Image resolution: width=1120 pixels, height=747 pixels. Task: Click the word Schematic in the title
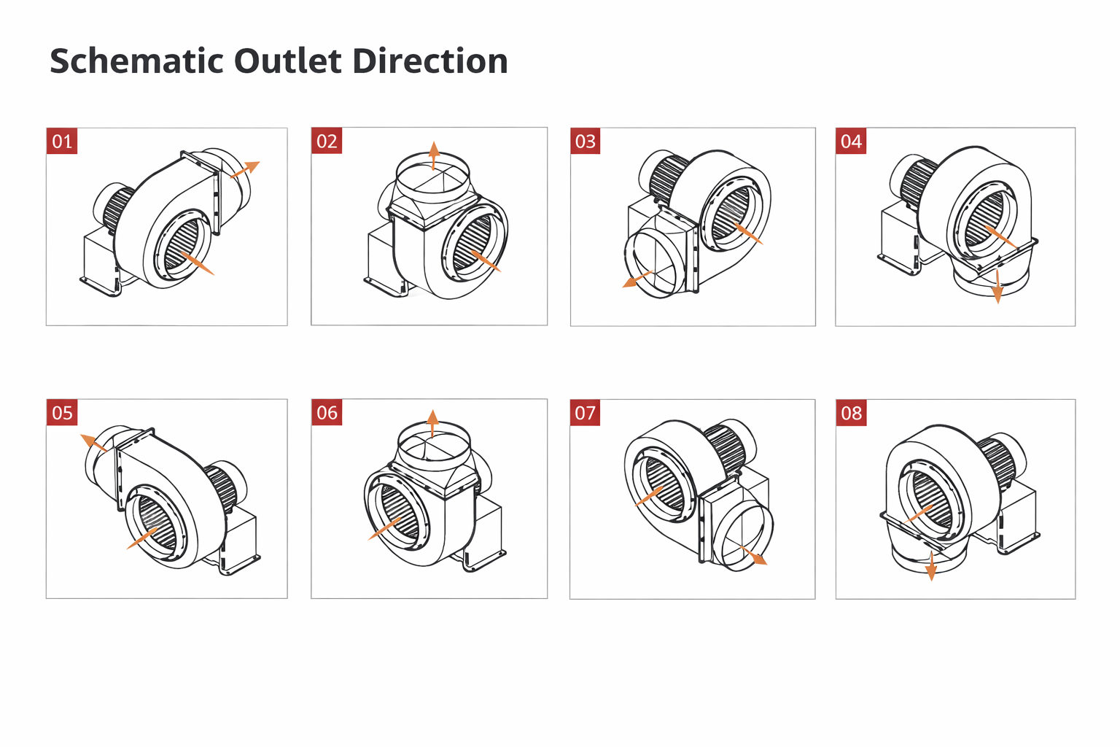click(x=136, y=61)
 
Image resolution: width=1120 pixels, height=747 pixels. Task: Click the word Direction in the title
click(x=430, y=61)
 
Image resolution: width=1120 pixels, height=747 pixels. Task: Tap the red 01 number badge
click(x=62, y=141)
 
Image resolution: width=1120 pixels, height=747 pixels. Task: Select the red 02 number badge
click(x=327, y=141)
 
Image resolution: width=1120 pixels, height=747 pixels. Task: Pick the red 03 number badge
click(x=586, y=141)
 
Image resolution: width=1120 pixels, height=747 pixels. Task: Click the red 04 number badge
click(x=851, y=141)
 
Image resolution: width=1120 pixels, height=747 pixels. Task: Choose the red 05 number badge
click(x=62, y=413)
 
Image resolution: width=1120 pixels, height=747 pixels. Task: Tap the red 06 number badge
click(x=327, y=413)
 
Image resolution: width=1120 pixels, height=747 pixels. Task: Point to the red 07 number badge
click(x=585, y=413)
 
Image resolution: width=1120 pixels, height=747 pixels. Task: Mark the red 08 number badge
click(x=852, y=413)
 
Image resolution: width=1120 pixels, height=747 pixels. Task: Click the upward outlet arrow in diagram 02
click(x=434, y=155)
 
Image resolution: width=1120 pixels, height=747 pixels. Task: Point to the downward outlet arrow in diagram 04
click(x=997, y=286)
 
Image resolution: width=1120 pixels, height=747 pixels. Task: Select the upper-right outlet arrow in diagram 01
click(x=245, y=169)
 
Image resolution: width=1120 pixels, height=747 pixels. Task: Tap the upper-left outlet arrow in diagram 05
click(x=93, y=443)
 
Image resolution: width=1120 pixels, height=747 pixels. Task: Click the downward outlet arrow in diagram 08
click(x=931, y=566)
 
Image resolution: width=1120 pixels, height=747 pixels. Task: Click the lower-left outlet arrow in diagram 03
click(x=637, y=279)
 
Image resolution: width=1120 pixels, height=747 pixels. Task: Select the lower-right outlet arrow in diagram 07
click(x=753, y=555)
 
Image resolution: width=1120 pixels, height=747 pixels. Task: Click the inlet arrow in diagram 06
click(x=385, y=528)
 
